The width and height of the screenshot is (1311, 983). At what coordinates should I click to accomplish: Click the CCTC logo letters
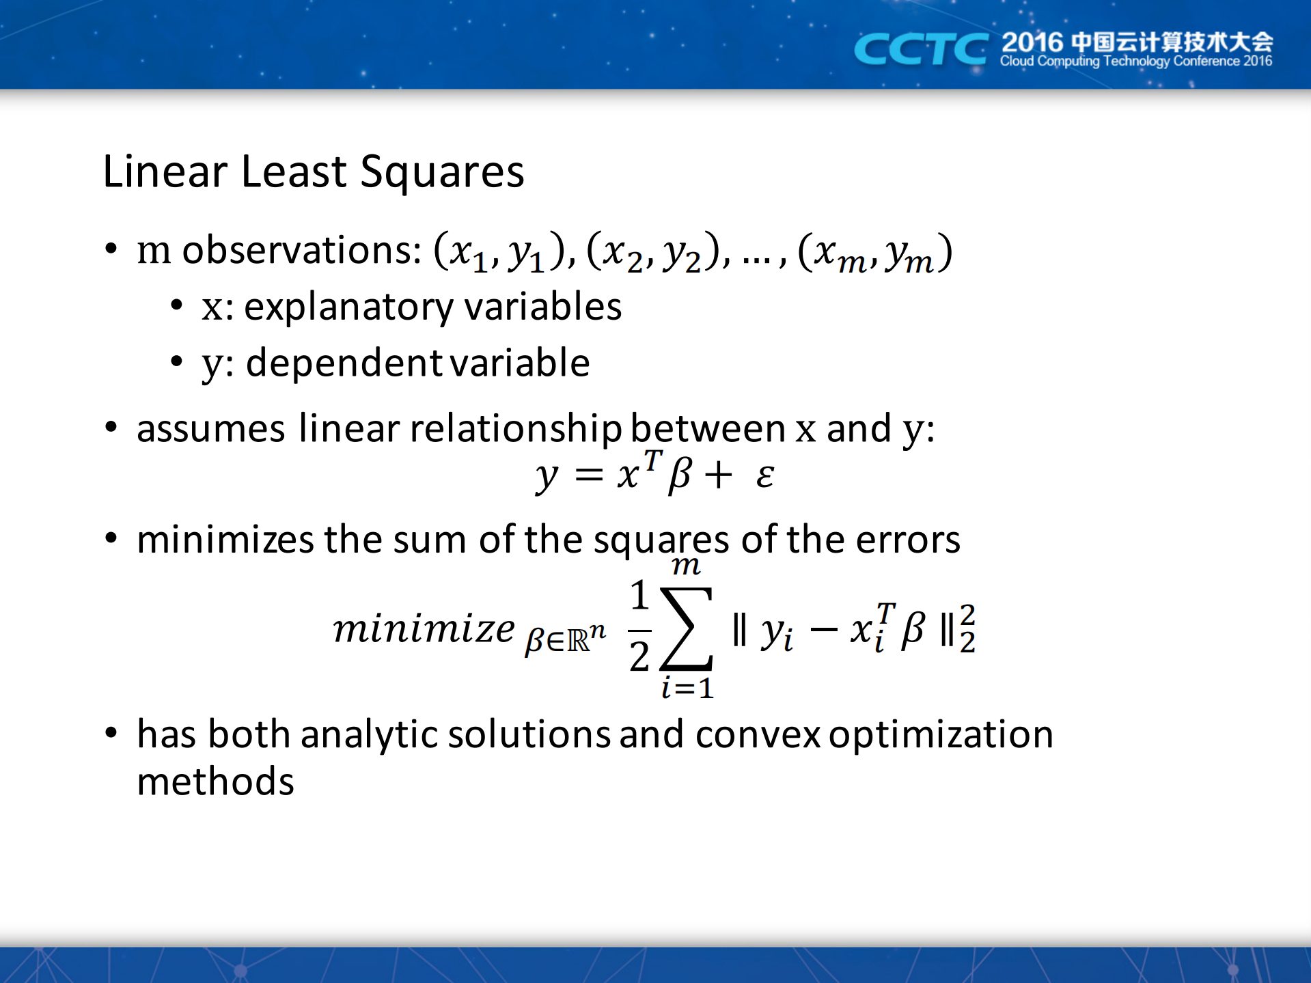click(x=921, y=49)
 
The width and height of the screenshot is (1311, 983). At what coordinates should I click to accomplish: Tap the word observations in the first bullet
click(x=302, y=250)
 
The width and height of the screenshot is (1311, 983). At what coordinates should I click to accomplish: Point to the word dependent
click(x=345, y=362)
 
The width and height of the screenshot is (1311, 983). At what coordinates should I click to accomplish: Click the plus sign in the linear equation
click(x=719, y=475)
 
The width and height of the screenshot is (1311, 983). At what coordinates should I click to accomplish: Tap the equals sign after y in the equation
click(x=589, y=475)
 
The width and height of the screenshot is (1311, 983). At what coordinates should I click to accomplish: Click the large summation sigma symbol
click(x=687, y=628)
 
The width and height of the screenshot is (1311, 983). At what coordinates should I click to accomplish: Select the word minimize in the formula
click(x=424, y=628)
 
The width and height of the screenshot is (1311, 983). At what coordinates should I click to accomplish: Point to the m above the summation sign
click(x=686, y=566)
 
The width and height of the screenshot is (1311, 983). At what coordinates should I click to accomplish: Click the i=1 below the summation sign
click(x=687, y=687)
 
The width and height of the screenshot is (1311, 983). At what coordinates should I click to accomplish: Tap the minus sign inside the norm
click(x=823, y=630)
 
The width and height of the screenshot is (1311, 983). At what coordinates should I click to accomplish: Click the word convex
click(x=758, y=735)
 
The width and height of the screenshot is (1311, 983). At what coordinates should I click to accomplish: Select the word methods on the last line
click(x=216, y=781)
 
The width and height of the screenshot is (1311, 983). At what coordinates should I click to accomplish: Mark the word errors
click(x=908, y=540)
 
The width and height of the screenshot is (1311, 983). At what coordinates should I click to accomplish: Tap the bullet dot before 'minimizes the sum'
click(x=111, y=538)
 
